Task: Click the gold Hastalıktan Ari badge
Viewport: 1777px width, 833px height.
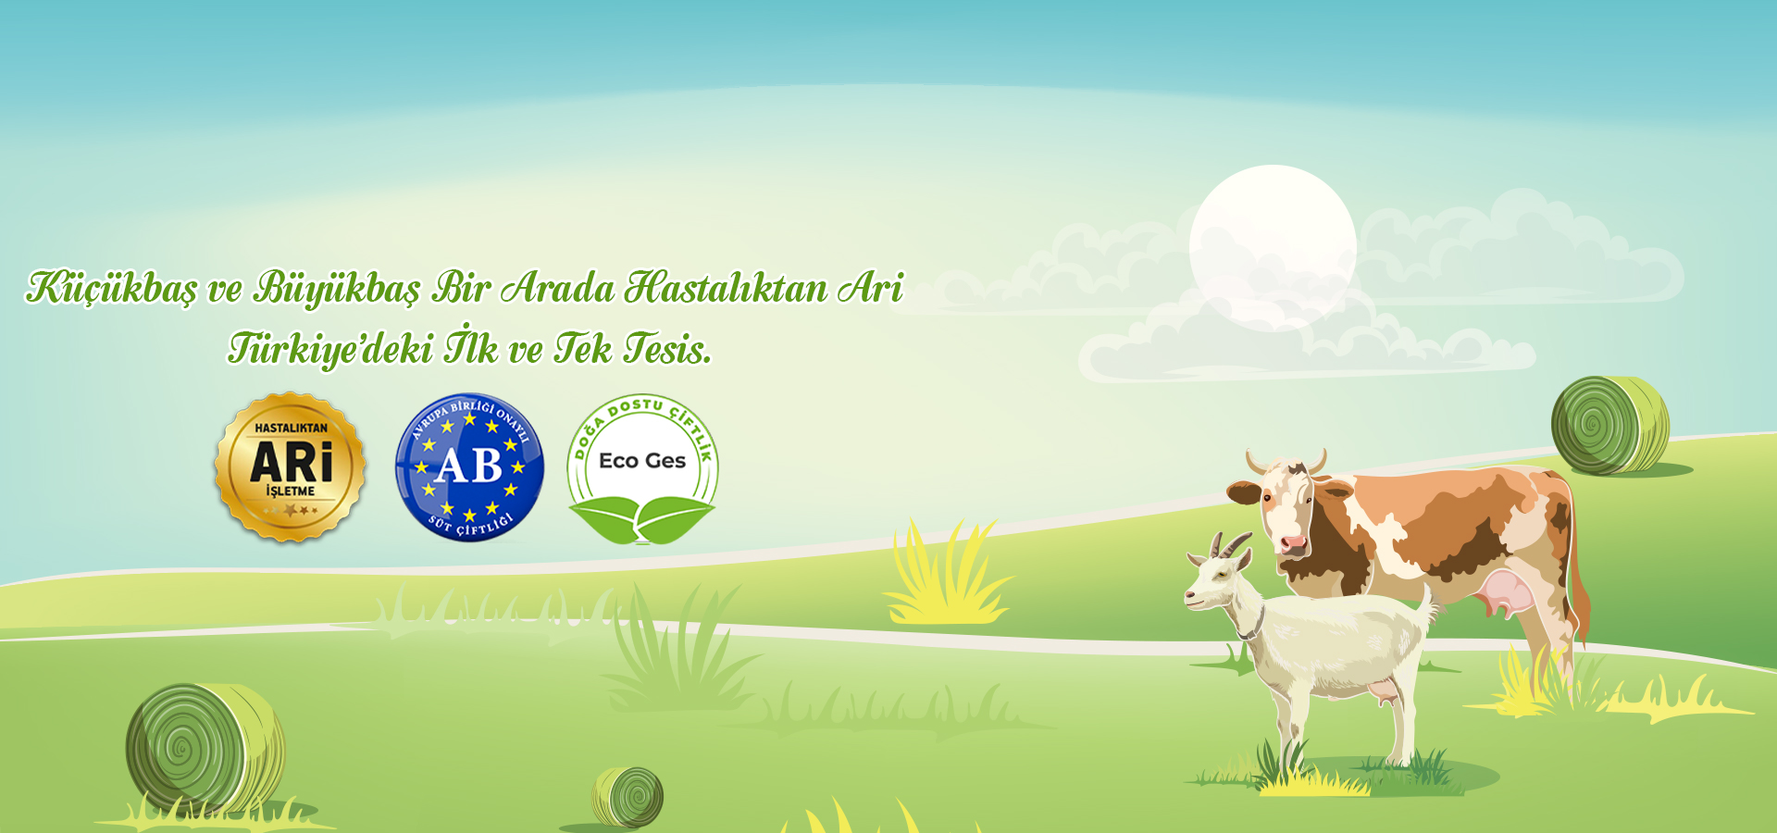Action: [291, 466]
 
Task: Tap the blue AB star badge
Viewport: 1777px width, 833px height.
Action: [469, 467]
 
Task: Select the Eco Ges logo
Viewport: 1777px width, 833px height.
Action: [642, 468]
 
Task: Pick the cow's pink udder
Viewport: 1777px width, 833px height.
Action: [1504, 593]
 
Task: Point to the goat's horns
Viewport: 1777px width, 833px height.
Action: [1227, 544]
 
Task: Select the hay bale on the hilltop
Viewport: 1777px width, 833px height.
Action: [1610, 425]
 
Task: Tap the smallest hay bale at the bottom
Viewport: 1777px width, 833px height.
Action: [628, 796]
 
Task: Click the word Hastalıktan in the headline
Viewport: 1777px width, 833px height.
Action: [726, 288]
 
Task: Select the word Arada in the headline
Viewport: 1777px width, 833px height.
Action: [557, 289]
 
